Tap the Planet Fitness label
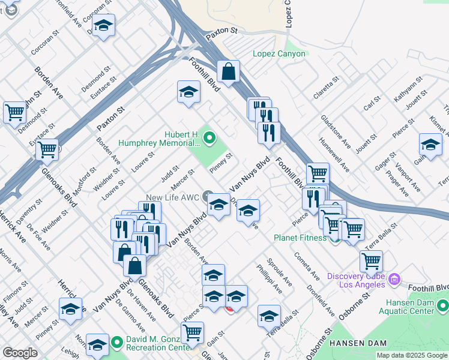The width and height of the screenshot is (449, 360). click(301, 238)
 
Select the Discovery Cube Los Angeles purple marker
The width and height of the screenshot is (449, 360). click(394, 278)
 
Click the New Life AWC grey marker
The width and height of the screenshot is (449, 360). click(208, 194)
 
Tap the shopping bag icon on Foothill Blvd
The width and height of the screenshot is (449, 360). click(228, 73)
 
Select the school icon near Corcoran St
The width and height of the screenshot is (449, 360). click(104, 26)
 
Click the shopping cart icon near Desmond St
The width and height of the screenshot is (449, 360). click(14, 112)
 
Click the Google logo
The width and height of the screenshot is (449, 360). click(20, 353)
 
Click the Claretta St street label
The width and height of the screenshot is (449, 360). click(326, 88)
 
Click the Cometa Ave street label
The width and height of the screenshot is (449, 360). click(306, 265)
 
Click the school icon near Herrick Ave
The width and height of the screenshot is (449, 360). click(70, 309)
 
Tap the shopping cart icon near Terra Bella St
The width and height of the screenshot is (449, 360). click(372, 262)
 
